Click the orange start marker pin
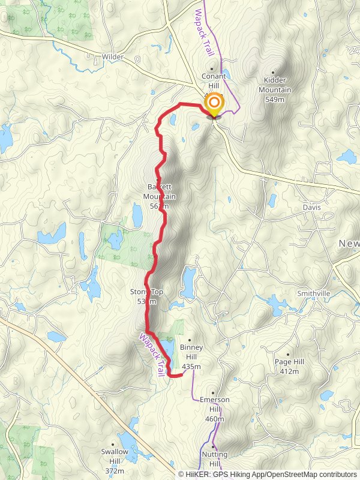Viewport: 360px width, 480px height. click(214, 105)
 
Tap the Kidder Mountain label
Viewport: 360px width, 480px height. click(275, 90)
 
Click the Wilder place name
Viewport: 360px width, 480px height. click(112, 57)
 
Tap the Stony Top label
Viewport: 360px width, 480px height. click(146, 296)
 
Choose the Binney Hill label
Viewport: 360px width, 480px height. click(191, 357)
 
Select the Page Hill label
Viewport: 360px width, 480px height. click(289, 367)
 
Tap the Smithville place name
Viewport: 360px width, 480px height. click(314, 293)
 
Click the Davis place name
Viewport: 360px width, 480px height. click(311, 208)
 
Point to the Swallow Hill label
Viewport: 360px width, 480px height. click(115, 457)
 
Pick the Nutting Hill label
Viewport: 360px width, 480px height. click(215, 459)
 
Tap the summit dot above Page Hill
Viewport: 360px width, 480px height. click(289, 355)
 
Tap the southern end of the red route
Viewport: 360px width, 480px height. click(181, 375)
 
